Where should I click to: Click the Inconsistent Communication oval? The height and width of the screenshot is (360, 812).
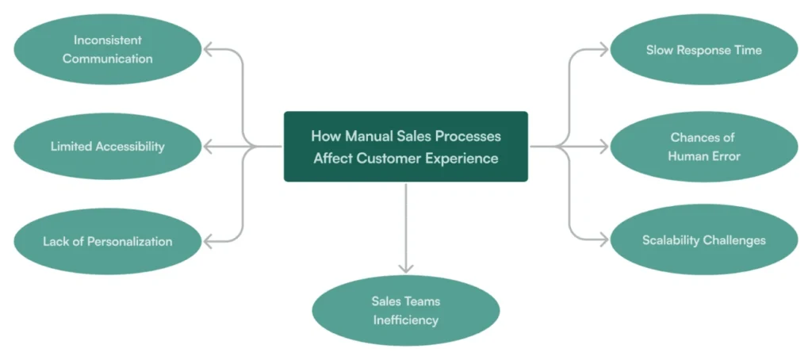point(108,49)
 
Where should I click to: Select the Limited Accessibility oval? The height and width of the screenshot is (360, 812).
point(108,146)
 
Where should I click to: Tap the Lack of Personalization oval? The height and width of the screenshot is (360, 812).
point(108,241)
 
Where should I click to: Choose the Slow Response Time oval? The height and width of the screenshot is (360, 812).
point(703,50)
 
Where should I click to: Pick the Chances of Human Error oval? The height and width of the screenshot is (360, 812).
point(703,147)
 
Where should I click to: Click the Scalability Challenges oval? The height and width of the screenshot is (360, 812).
point(703,240)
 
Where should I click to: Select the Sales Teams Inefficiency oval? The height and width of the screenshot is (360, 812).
point(406,311)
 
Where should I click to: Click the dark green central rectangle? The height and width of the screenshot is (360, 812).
point(406,146)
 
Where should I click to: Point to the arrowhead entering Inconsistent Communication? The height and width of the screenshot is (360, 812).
point(209,50)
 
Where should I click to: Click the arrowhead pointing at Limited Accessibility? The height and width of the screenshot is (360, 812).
point(209,146)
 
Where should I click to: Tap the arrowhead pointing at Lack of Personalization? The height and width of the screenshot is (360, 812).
point(209,241)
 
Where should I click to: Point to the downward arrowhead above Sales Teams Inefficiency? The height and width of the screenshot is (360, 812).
point(406,268)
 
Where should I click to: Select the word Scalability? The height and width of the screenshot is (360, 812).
point(672,240)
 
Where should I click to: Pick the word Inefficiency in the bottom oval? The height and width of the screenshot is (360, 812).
point(406,320)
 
